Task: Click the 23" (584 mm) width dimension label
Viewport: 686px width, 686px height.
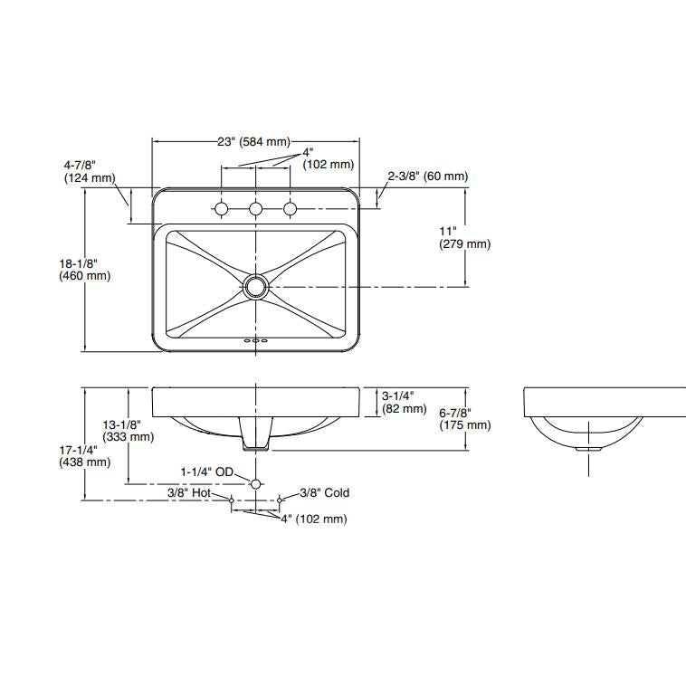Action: tap(253, 142)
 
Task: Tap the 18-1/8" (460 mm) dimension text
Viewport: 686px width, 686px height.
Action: tap(85, 270)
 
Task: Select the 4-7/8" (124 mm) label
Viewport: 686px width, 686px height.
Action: tap(90, 172)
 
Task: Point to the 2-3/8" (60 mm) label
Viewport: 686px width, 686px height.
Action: tap(428, 176)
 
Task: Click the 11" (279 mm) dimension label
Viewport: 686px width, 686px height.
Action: tap(464, 237)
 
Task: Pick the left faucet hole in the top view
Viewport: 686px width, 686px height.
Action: tap(222, 209)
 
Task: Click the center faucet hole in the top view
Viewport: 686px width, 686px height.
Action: tap(255, 209)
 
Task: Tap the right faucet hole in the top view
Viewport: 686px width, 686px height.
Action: tap(291, 209)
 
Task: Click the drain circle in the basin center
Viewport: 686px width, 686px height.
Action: tap(255, 287)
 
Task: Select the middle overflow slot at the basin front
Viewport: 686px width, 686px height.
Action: tap(255, 340)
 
